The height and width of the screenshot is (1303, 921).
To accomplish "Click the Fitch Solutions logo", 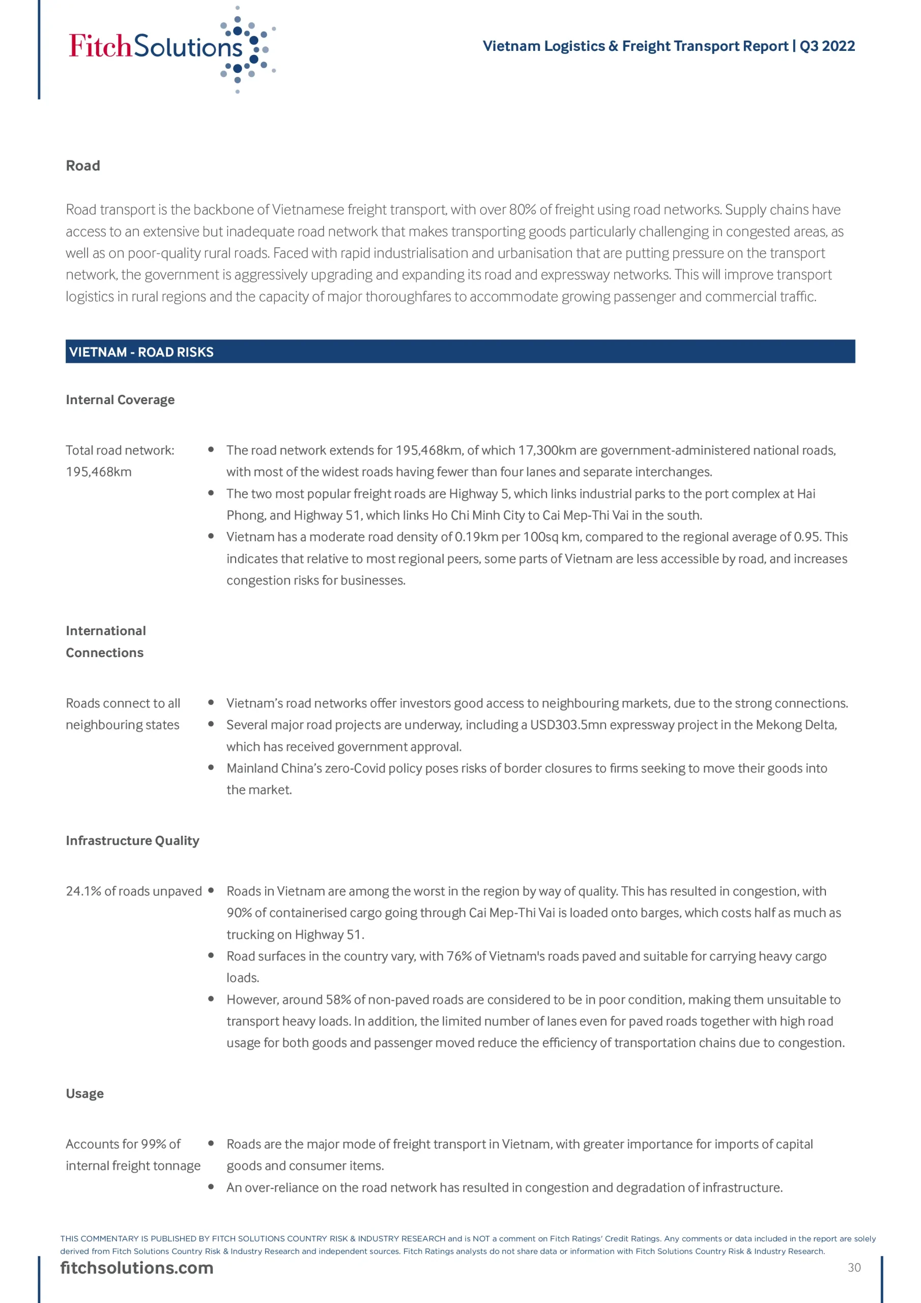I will tap(170, 48).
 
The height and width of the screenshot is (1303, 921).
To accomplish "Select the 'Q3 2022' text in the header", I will tap(827, 46).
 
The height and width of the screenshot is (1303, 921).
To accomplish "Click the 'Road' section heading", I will tap(83, 166).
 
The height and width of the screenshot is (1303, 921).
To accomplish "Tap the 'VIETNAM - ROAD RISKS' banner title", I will tap(141, 352).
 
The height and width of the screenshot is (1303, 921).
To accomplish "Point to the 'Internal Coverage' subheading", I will tap(120, 400).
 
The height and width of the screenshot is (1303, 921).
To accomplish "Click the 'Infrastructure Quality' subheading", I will tap(132, 840).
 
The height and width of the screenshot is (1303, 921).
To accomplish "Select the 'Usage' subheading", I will tap(84, 1094).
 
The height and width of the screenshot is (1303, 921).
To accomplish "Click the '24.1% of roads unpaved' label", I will tap(134, 891).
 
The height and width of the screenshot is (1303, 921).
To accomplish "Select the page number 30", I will tap(854, 1267).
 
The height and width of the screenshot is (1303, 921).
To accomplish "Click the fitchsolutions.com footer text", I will tap(137, 1267).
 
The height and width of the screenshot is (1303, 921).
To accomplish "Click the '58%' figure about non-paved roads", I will tap(338, 999).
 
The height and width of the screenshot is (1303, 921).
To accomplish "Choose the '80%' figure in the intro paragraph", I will tap(523, 209).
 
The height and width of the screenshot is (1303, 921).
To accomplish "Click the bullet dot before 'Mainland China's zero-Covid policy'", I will tap(211, 767).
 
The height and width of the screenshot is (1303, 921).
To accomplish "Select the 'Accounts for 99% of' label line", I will tap(123, 1144).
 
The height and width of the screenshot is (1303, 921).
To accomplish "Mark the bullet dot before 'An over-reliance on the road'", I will tap(211, 1186).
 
